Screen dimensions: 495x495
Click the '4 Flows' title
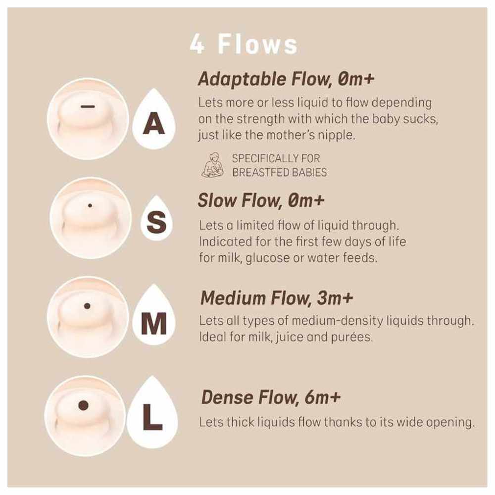tap(244, 44)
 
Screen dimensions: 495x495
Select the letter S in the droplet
tap(156, 222)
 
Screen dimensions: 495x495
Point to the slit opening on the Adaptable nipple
tap(88, 106)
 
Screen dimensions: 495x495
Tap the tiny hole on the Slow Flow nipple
tap(90, 205)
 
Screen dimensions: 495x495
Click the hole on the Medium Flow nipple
tap(88, 306)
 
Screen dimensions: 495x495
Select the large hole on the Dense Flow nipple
tap(83, 406)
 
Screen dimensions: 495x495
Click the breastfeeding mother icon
tap(212, 165)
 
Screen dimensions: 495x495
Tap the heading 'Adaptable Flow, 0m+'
tap(286, 79)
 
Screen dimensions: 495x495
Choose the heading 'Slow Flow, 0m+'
tap(261, 200)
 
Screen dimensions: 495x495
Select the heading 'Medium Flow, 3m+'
tap(277, 298)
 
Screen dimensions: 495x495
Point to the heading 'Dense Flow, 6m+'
tap(271, 397)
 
